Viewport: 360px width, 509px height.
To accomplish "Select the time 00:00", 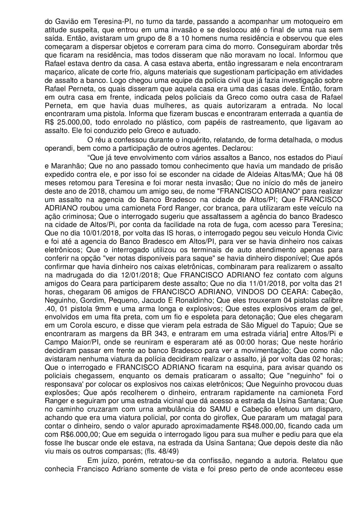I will point(244,342).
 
